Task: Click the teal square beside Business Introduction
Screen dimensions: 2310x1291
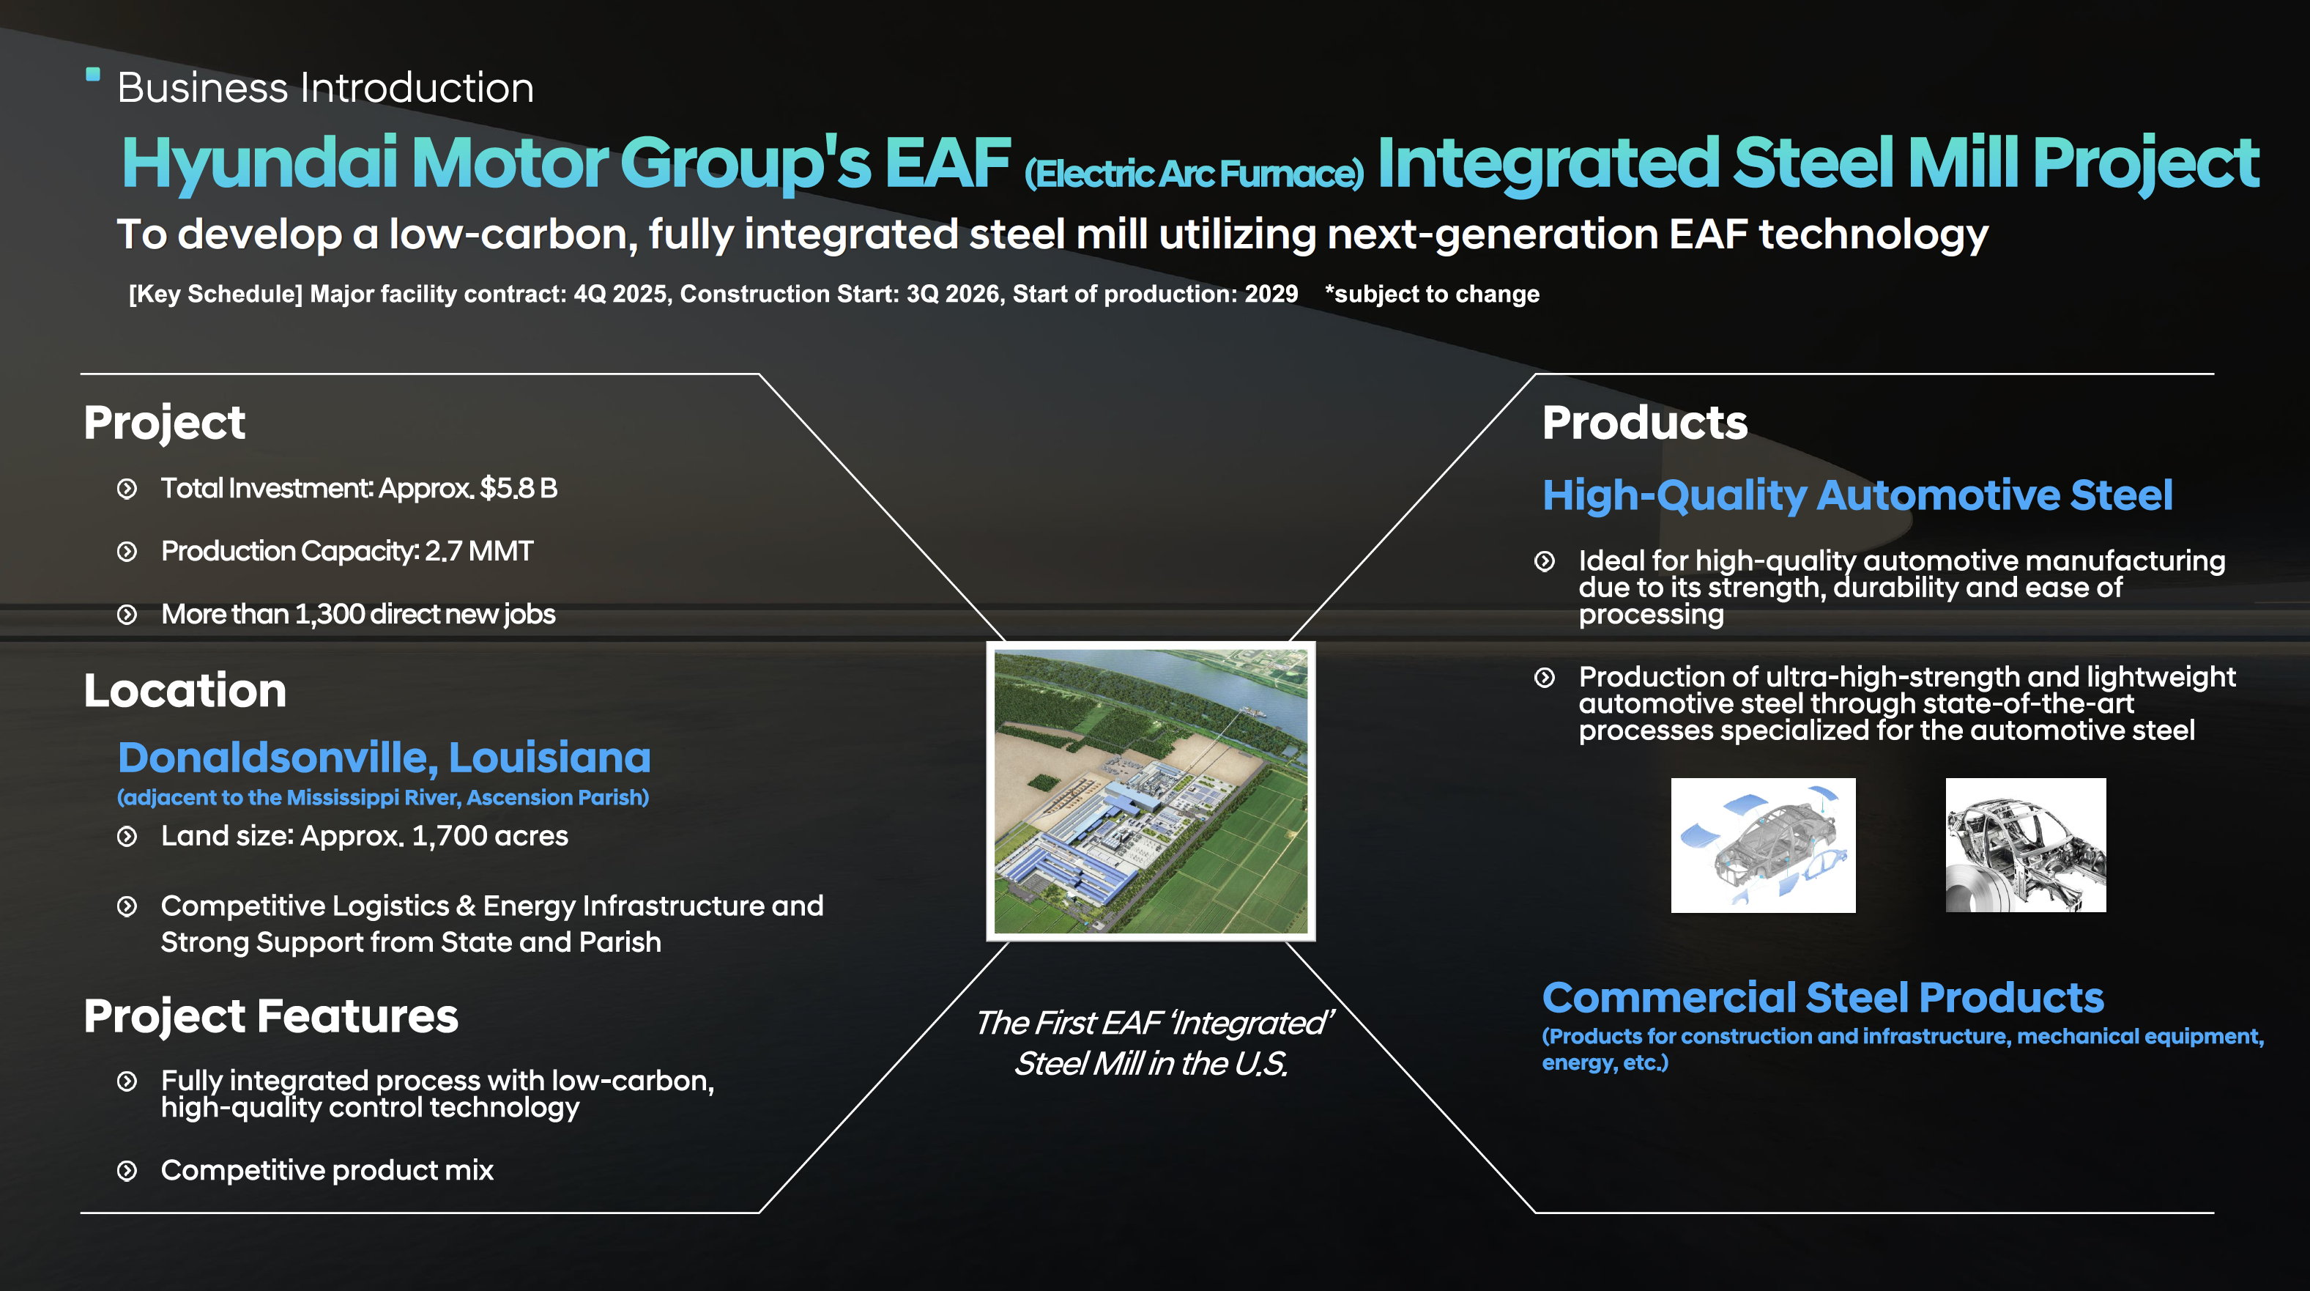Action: (92, 75)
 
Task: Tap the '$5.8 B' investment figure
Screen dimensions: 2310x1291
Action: (519, 488)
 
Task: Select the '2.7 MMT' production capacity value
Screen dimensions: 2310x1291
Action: (479, 551)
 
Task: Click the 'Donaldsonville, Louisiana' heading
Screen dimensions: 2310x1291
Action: (384, 757)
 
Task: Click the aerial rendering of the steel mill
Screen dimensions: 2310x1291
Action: (1151, 791)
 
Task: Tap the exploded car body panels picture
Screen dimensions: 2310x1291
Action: (1763, 845)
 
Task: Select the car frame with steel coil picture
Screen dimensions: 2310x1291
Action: (2026, 845)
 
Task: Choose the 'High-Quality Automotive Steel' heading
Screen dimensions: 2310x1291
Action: (1857, 495)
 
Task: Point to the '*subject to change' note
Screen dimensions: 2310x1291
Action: (1432, 295)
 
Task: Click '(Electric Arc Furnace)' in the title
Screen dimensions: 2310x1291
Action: (1194, 173)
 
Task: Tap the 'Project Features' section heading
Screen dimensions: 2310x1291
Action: (271, 1016)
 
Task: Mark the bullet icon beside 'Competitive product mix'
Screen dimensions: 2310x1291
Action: (127, 1171)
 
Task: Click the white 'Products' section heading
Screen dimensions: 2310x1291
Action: (1645, 423)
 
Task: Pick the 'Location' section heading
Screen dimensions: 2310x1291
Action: (185, 691)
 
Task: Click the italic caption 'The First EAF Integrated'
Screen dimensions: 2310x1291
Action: (1154, 1023)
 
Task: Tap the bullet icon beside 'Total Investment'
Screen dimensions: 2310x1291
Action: (127, 489)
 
